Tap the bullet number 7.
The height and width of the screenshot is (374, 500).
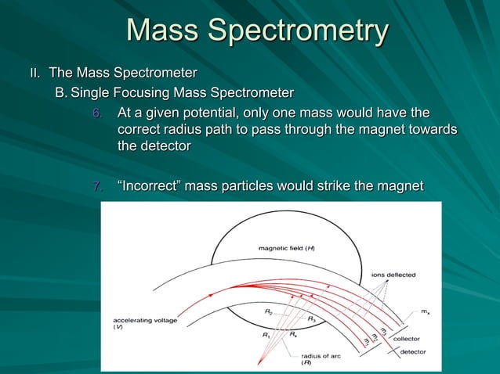pos(96,186)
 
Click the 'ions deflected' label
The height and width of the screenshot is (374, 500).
pos(393,275)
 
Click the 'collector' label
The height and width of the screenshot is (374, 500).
pos(407,338)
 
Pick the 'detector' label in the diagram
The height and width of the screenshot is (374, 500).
pos(413,351)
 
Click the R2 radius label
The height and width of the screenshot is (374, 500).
pos(268,312)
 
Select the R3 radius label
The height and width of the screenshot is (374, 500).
pos(311,318)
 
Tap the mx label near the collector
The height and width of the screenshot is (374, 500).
pos(424,311)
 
